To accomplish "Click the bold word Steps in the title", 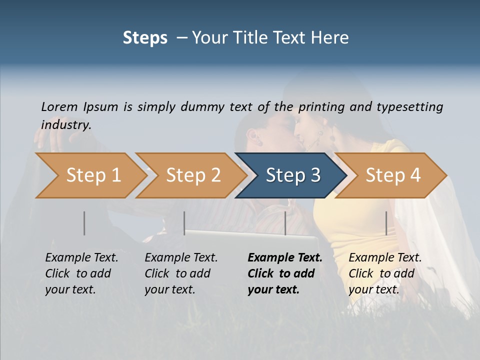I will (145, 38).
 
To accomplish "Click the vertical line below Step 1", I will (84, 223).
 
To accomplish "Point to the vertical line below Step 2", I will (184, 223).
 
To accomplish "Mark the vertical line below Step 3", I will (285, 223).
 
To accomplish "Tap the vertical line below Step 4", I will (386, 223).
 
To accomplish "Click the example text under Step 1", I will (81, 273).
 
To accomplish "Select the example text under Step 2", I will (181, 273).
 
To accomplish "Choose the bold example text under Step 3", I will (284, 273).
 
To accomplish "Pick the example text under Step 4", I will (385, 273).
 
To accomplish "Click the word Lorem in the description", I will (59, 107).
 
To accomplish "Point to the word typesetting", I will (409, 107).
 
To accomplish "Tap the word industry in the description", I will (65, 125).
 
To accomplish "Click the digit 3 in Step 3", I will (315, 175).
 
